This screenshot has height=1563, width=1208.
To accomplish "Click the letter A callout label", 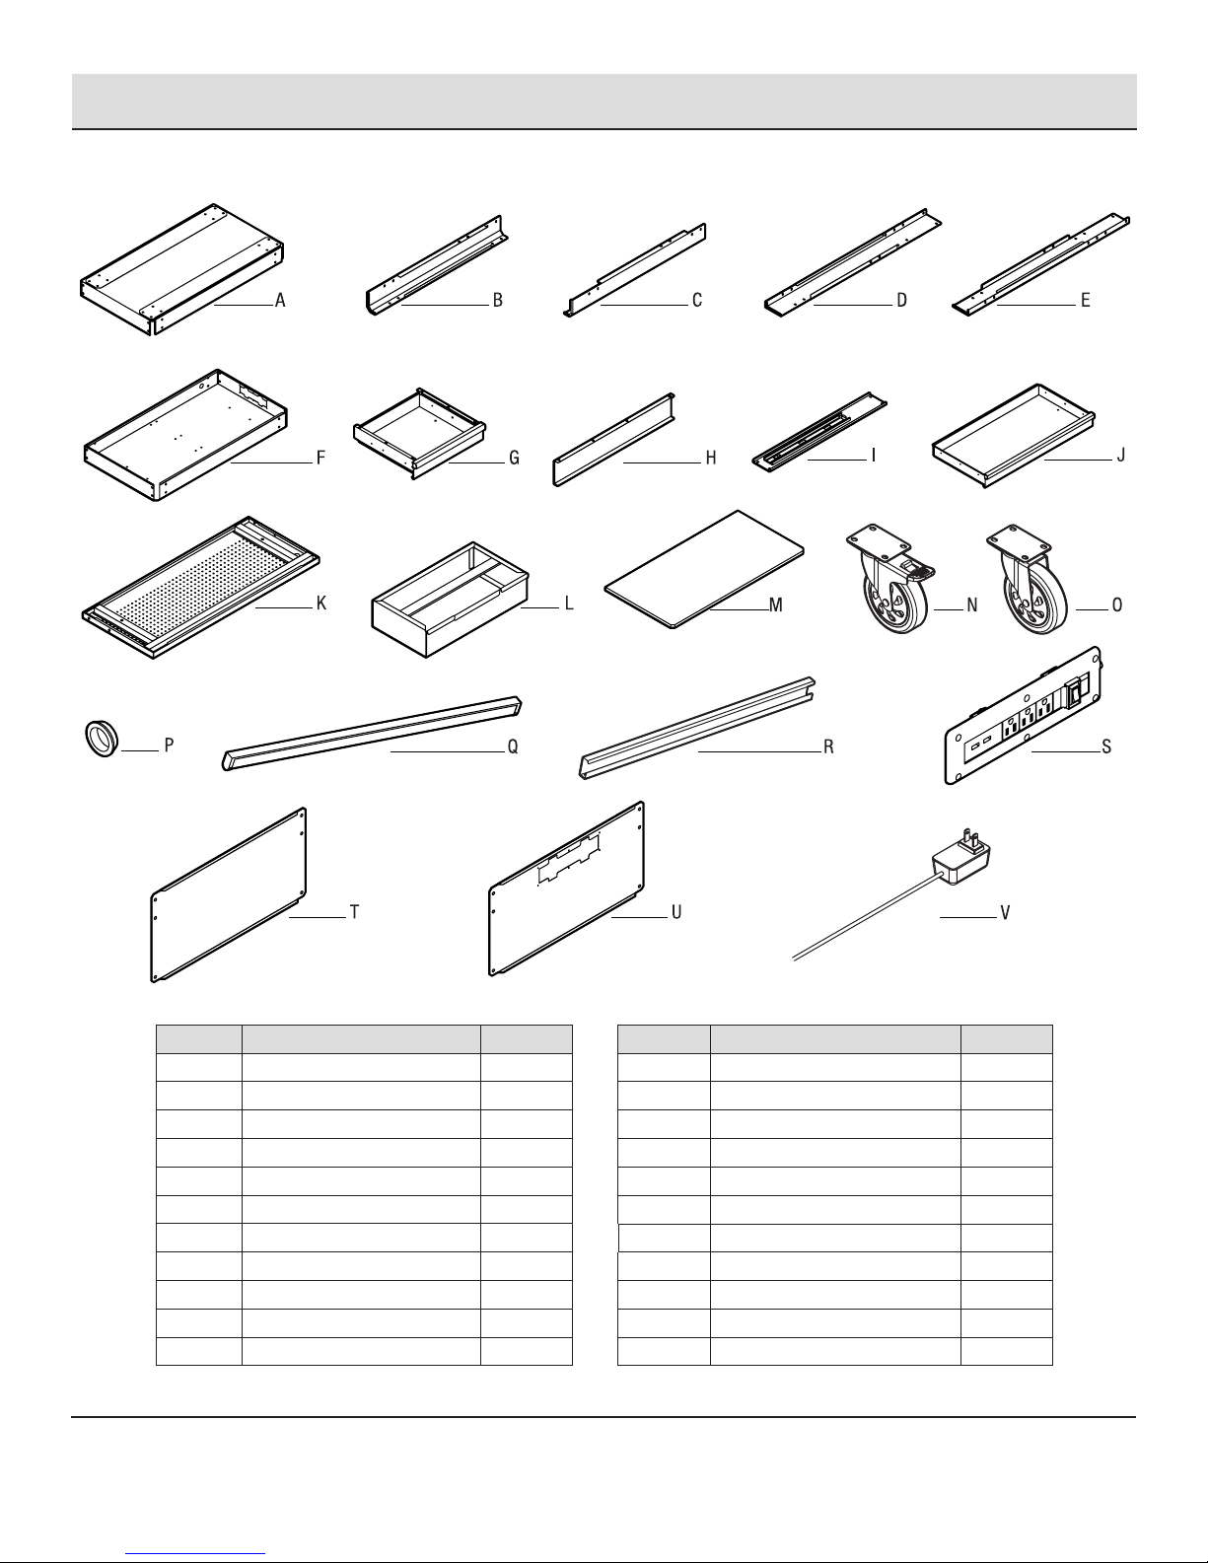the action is (280, 301).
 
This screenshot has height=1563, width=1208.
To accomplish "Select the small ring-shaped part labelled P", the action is (102, 740).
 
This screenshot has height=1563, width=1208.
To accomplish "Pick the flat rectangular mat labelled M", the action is (704, 570).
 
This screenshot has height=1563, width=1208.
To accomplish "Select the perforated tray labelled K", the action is (200, 587).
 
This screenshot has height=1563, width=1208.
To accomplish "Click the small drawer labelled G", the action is (419, 433).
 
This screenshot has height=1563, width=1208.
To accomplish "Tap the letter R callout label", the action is (828, 746).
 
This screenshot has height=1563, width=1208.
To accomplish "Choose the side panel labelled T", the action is (229, 894).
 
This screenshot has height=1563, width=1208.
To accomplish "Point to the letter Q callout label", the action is (513, 746).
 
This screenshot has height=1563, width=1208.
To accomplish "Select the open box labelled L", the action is (450, 600).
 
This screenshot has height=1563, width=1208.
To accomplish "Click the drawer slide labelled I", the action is (819, 432).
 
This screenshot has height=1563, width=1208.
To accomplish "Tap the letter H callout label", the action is (710, 459).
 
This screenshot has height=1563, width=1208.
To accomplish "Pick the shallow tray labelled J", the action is (1014, 436).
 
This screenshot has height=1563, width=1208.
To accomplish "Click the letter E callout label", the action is (1085, 301).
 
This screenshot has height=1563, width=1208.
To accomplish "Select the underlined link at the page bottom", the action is (195, 1553).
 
